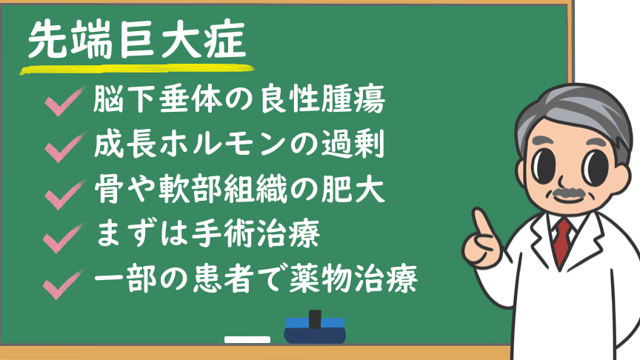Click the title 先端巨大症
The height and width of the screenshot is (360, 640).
137,40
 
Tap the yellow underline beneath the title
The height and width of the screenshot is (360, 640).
137,70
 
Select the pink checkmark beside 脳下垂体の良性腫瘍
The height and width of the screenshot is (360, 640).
65,101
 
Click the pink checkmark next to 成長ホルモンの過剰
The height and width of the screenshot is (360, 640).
65,147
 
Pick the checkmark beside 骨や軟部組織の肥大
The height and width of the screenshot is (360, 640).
65,195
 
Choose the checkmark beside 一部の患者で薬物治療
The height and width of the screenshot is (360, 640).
64,284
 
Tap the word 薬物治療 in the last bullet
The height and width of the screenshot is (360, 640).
353,279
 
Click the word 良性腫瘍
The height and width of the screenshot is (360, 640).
322,99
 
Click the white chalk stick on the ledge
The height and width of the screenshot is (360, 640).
247,339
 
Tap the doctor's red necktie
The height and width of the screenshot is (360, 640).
562,241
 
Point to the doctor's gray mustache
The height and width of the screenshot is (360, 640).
568,194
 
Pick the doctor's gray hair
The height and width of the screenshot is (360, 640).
579,110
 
